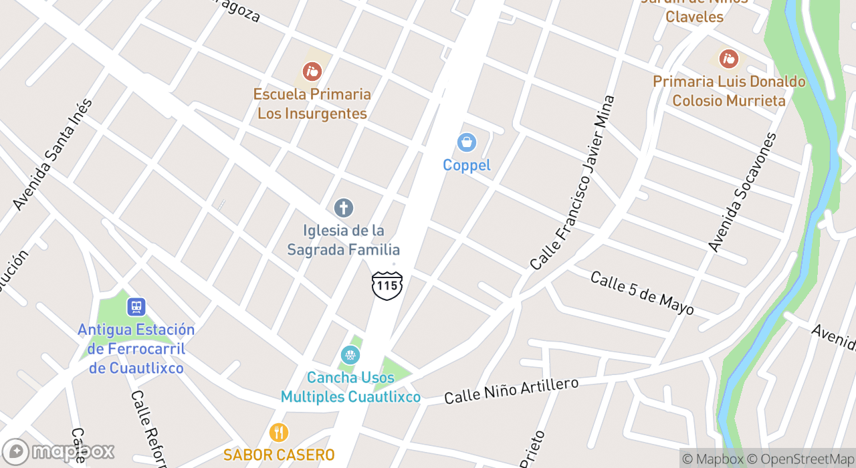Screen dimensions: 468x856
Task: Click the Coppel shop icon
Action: point(466,142)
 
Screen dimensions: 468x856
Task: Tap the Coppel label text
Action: point(467,165)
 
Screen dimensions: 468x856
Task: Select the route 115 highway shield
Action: point(387,285)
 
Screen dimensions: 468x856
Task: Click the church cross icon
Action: point(344,208)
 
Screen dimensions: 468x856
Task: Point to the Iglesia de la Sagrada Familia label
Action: point(344,240)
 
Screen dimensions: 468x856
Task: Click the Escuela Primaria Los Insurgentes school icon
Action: point(312,71)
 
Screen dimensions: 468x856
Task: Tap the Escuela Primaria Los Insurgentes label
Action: point(312,104)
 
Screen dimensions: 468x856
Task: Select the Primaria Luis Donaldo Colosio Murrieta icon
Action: point(728,59)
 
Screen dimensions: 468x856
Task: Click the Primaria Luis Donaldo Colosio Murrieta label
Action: point(729,91)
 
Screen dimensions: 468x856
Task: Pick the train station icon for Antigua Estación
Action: point(136,307)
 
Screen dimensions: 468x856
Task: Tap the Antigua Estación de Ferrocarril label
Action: point(136,348)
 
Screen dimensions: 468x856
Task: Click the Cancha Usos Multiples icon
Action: point(350,355)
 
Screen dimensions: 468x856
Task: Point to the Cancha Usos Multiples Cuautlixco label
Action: point(350,387)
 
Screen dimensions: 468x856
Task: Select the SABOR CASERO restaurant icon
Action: point(279,433)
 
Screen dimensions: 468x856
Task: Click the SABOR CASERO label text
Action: point(279,455)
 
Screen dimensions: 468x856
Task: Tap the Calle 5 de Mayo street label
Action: point(642,294)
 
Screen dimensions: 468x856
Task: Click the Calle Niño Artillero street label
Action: point(512,390)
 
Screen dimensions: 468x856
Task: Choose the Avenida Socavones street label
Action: point(743,193)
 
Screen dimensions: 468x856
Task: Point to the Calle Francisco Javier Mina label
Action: point(572,183)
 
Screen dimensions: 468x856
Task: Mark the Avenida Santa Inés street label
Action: point(53,154)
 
